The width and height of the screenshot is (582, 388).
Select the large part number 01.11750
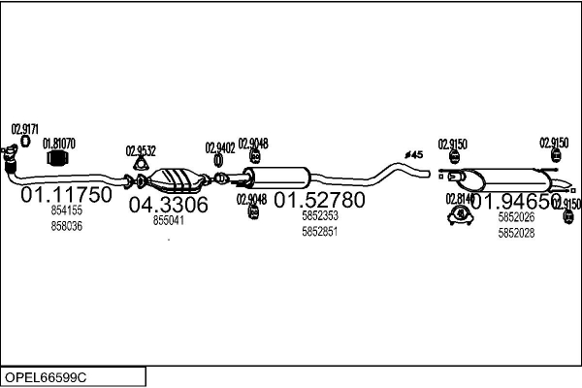click(x=67, y=195)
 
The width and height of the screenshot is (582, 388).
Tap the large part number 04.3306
click(x=169, y=205)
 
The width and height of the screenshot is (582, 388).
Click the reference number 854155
click(x=67, y=210)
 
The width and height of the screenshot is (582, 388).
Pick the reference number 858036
click(x=67, y=226)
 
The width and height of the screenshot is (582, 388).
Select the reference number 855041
click(x=169, y=220)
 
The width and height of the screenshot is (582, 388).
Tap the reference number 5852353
click(x=319, y=216)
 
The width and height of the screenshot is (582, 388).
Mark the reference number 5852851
click(x=319, y=232)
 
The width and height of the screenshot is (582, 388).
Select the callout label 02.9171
click(x=25, y=128)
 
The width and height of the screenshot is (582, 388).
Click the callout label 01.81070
click(x=58, y=143)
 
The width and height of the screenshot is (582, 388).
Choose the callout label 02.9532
click(x=141, y=150)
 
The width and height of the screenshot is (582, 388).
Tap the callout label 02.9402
click(x=220, y=147)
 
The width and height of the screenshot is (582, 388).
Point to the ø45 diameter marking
click(x=413, y=154)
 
